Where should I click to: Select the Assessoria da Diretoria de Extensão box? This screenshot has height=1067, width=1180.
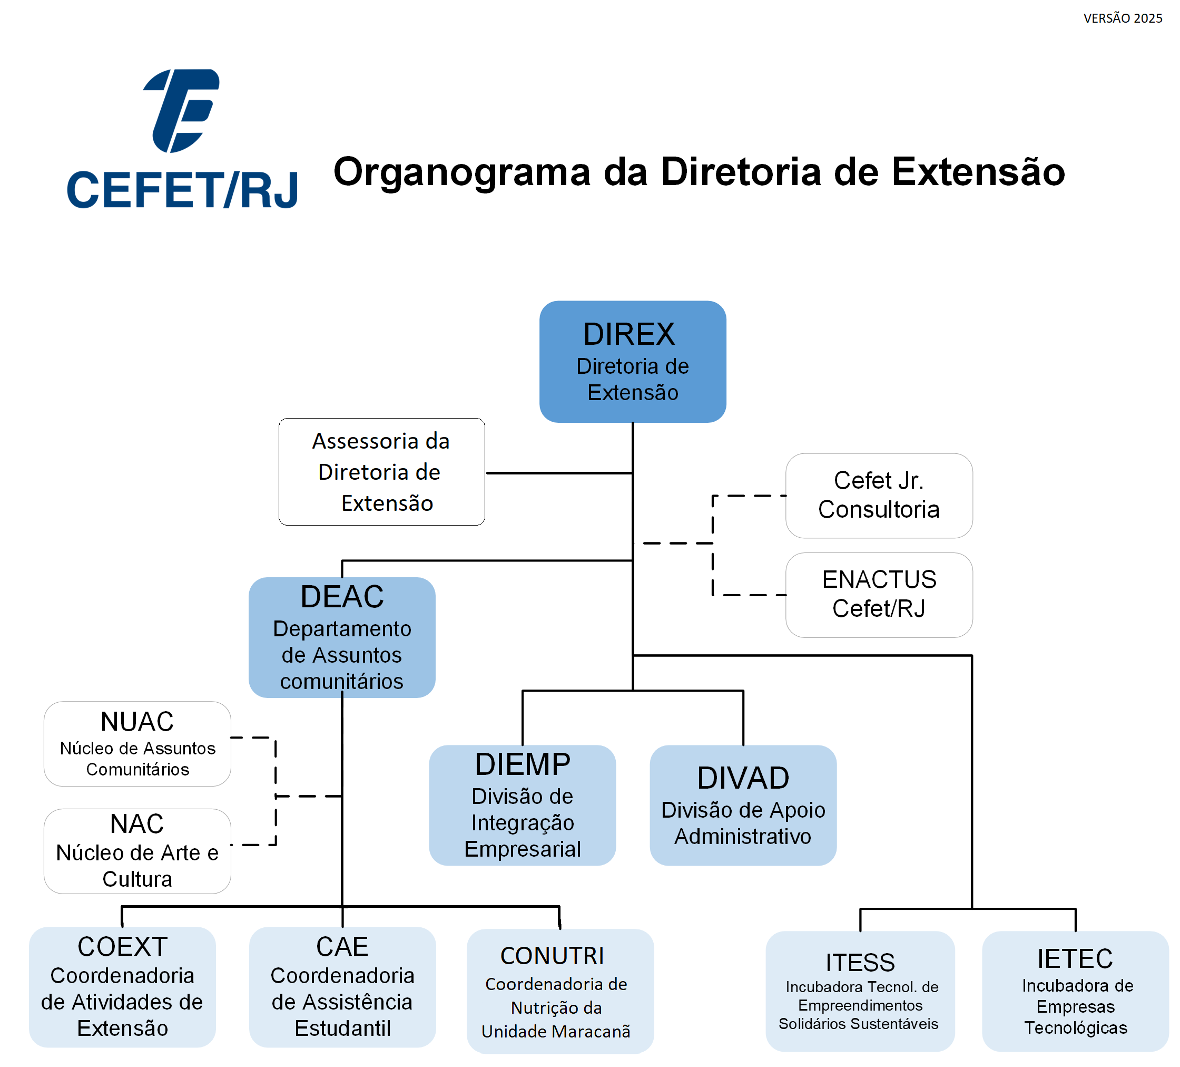coord(381,472)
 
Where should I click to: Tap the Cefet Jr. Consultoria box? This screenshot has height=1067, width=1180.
coord(879,496)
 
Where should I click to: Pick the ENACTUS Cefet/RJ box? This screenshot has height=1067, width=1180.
coord(879,595)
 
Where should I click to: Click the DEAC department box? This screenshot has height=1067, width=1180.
coord(342,637)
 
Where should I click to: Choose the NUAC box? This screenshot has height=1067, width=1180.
coord(137,743)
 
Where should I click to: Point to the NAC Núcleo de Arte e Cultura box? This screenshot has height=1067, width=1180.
coord(137,851)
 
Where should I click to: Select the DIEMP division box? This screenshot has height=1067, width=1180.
coord(522,804)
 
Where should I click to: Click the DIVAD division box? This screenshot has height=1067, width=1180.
coord(743,804)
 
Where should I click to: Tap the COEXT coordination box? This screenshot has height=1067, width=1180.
coord(122,987)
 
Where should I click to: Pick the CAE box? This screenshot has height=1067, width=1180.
coord(342,987)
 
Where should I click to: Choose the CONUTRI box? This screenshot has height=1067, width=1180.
coord(559,991)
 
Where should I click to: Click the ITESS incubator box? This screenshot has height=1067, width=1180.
coord(860,991)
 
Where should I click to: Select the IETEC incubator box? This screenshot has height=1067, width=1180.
coord(1075,991)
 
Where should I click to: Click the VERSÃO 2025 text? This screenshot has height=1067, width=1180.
coord(1123,18)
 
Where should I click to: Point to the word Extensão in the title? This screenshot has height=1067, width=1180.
coord(978,172)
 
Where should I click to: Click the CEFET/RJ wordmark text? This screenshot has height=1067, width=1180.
coord(183,190)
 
